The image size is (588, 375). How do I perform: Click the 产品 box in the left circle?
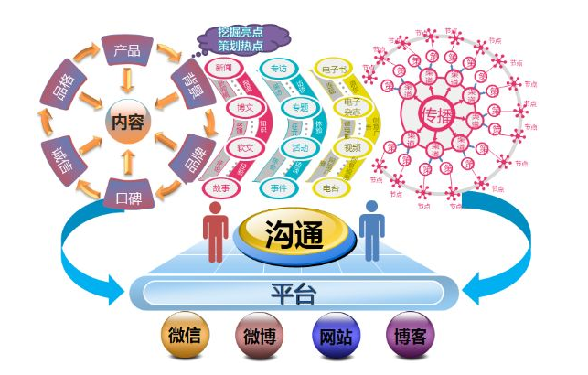coord(126,50)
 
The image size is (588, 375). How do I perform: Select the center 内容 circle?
coord(126,122)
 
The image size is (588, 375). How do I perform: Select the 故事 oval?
coord(223,186)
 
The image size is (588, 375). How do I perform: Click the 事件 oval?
coord(280,186)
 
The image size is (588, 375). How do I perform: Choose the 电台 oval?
coord(332,186)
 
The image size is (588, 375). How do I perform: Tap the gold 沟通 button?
coord(294,236)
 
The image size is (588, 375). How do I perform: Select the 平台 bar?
coord(294,293)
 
